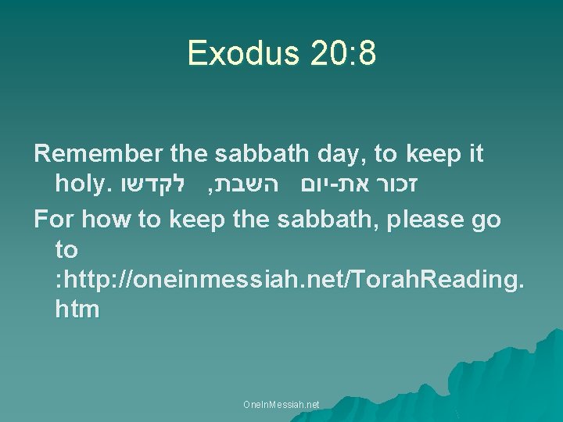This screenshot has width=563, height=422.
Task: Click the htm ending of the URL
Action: click(77, 309)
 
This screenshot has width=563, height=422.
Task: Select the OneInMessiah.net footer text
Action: click(281, 405)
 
